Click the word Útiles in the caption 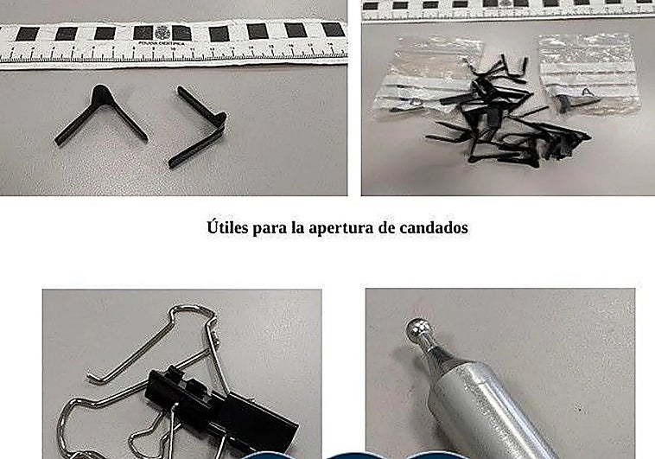click(x=228, y=229)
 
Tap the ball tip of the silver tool click(x=417, y=329)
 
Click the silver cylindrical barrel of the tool click(x=484, y=406)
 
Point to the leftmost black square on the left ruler click(x=27, y=34)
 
